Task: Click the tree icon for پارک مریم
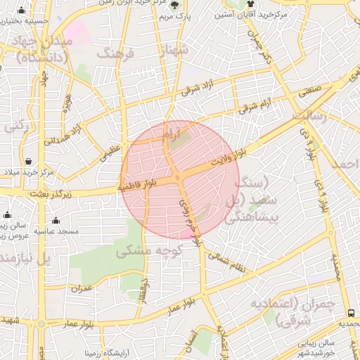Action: coord(174,5)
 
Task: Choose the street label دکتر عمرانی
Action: coord(265,47)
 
